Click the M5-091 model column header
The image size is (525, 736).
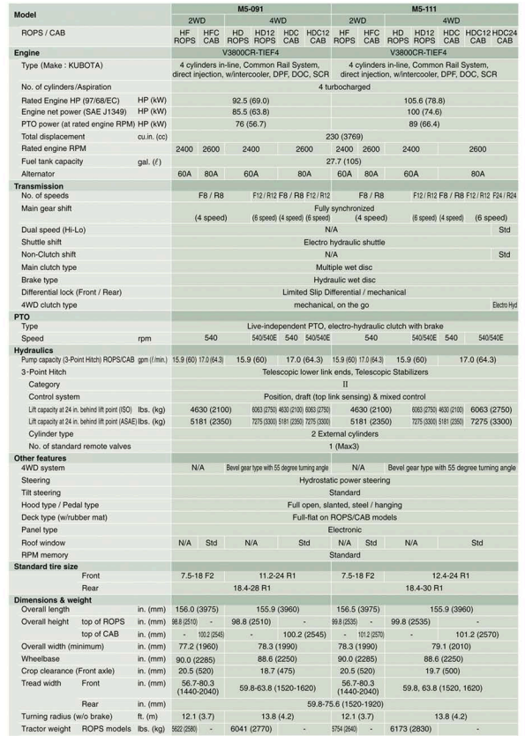[x=251, y=7]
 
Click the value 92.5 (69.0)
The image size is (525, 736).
[x=251, y=101]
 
